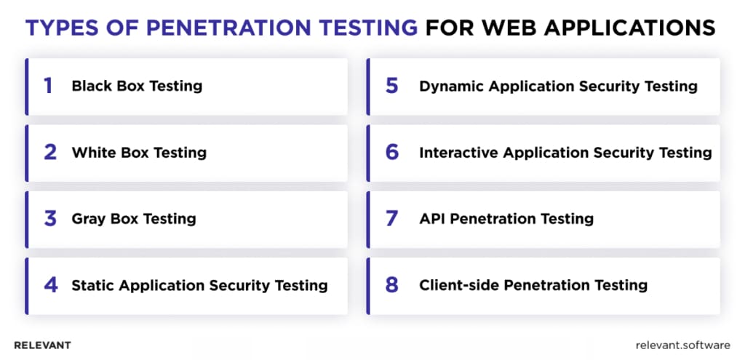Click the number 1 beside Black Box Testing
point(49,86)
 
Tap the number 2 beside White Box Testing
point(50,153)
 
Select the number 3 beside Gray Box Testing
point(50,219)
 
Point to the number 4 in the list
point(50,285)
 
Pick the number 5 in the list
point(391,86)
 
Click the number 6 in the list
point(392,153)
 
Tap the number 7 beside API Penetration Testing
point(391,219)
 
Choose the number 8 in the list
point(392,285)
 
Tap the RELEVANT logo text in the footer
point(42,345)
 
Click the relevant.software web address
point(682,345)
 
